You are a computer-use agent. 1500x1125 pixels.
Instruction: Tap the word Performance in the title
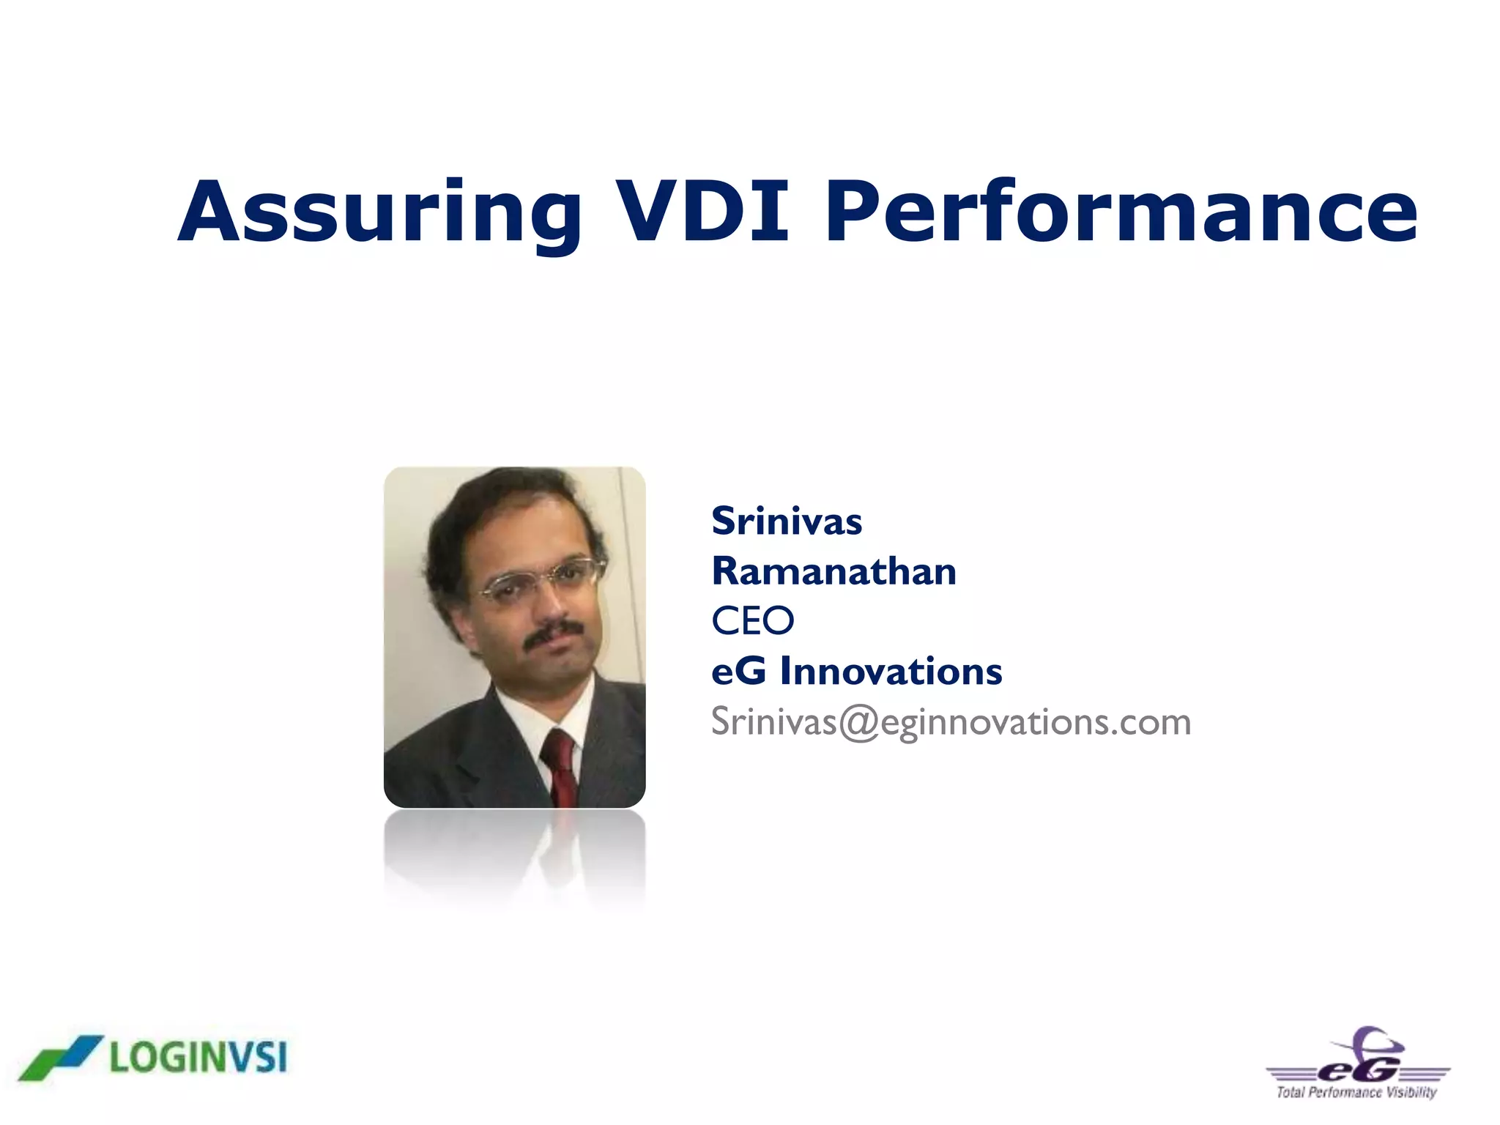point(1121,212)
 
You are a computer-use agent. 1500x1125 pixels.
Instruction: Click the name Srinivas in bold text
point(787,521)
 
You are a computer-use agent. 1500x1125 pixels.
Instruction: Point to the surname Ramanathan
point(833,571)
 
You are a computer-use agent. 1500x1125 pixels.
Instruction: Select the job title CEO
point(752,621)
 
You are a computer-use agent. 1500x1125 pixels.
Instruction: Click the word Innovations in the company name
point(890,671)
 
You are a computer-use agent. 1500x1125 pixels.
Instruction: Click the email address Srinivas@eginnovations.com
point(951,722)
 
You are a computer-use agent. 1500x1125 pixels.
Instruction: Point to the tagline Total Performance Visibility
point(1356,1093)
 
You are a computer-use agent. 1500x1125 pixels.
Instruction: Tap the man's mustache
point(554,631)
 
